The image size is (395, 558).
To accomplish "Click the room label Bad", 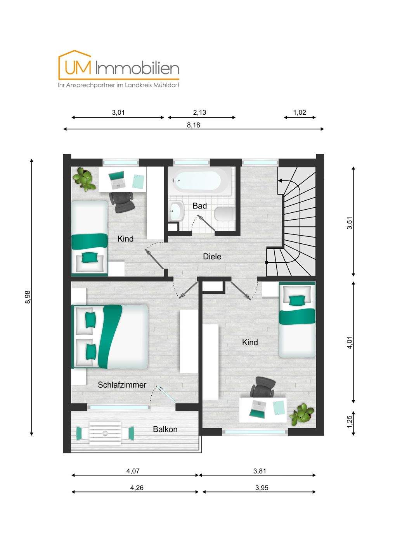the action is point(199,206).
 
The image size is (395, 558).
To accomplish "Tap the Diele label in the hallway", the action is point(212,257).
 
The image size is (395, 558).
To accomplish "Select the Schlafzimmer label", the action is point(122,385).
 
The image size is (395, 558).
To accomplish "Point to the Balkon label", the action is point(165,429).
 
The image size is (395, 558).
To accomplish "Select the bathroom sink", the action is point(177,211).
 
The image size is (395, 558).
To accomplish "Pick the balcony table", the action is point(105,434).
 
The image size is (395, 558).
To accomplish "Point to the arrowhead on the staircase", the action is point(280,180).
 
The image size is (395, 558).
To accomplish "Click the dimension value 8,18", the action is point(194,125).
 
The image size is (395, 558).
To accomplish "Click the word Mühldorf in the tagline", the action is point(168,85).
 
